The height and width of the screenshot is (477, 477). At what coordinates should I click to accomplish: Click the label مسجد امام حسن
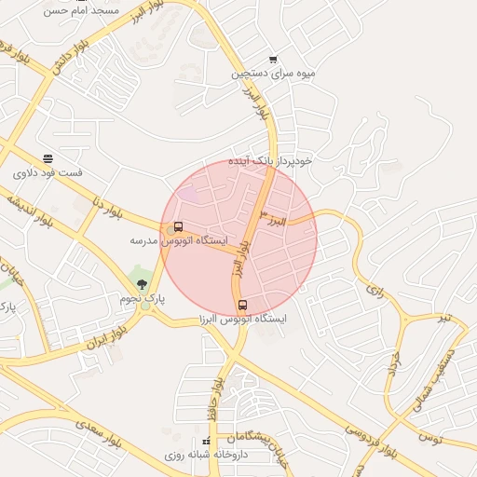click(x=83, y=9)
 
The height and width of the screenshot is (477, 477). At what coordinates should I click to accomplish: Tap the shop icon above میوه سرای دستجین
click(x=273, y=60)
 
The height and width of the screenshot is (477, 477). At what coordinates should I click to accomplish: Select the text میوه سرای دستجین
click(x=274, y=73)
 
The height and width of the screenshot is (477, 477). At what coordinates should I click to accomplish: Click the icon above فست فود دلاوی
click(x=48, y=158)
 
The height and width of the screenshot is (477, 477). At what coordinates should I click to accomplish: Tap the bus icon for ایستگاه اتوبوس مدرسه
click(x=178, y=226)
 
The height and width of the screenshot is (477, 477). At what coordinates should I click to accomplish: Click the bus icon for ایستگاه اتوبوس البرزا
click(x=243, y=305)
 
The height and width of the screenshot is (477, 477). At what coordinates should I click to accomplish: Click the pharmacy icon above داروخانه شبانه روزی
click(x=206, y=442)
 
